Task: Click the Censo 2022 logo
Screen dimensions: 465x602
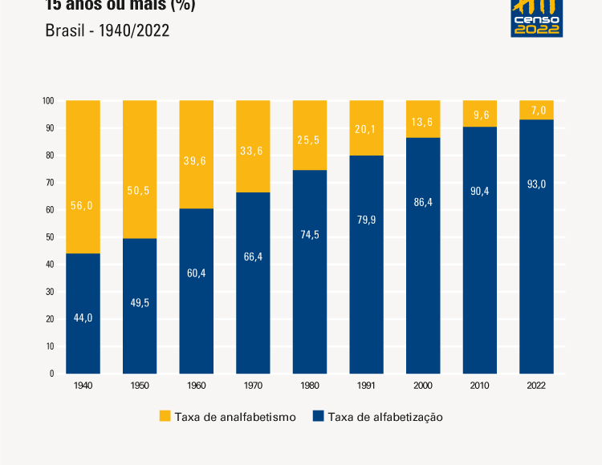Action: (537, 18)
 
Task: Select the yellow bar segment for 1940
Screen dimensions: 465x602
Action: (83, 176)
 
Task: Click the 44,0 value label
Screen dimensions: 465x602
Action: (83, 317)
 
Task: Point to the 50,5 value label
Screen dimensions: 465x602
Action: (140, 191)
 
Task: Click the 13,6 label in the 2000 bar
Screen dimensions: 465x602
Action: (423, 122)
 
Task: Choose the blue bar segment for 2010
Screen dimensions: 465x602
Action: (480, 249)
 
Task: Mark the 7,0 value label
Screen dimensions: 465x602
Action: (537, 110)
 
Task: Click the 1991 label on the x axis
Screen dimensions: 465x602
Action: (366, 386)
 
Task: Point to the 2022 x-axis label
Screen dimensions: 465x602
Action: (536, 386)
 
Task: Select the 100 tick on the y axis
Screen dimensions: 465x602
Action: (48, 101)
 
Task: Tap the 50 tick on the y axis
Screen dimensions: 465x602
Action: (50, 237)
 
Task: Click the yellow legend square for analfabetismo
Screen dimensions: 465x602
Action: (165, 416)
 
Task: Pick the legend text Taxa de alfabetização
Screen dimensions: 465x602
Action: (385, 417)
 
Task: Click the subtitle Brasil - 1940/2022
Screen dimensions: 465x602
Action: (108, 31)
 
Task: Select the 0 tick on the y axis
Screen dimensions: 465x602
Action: (51, 374)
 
